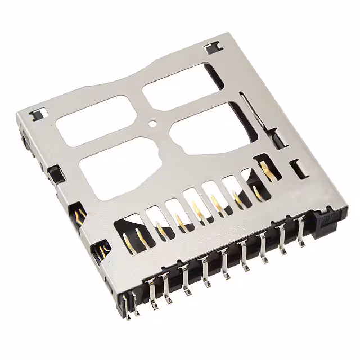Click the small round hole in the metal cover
coord(152,122)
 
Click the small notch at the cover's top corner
coord(213,48)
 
